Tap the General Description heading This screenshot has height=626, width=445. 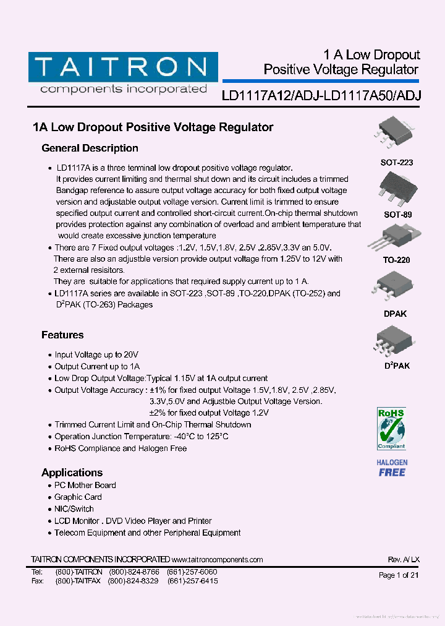pyautogui.click(x=90, y=148)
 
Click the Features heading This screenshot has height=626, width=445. pyautogui.click(x=62, y=335)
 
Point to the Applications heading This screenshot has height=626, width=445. pyautogui.click(x=72, y=473)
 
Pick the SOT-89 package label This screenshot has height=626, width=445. pyautogui.click(x=398, y=215)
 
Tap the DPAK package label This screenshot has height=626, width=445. pyautogui.click(x=396, y=314)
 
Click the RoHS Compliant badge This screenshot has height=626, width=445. pyautogui.click(x=391, y=428)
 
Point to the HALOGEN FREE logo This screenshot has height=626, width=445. pyautogui.click(x=392, y=468)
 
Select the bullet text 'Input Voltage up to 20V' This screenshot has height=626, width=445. pyautogui.click(x=96, y=355)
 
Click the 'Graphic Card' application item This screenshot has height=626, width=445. pyautogui.click(x=78, y=497)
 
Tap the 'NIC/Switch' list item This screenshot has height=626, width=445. pyautogui.click(x=74, y=509)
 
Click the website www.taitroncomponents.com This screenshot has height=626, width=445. pyautogui.click(x=218, y=560)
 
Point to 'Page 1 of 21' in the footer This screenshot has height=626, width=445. pyautogui.click(x=399, y=575)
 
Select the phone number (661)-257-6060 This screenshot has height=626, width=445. pyautogui.click(x=192, y=572)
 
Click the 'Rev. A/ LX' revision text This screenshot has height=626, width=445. pyautogui.click(x=404, y=560)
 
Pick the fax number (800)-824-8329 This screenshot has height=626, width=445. pyautogui.click(x=133, y=582)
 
